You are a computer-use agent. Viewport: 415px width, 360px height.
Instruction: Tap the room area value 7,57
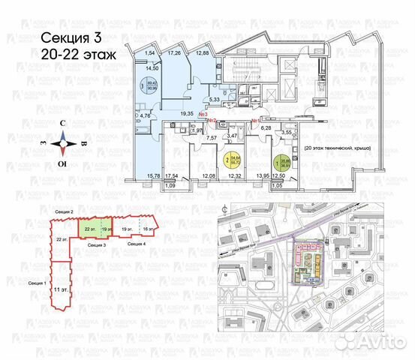pyautogui.click(x=212, y=138)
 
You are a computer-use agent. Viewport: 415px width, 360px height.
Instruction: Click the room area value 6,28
pyautogui.click(x=265, y=127)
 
